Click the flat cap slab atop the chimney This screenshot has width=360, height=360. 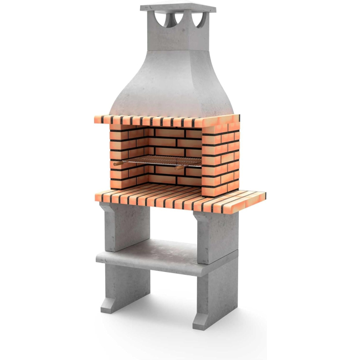coord(177,8)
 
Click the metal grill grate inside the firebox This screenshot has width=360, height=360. coord(161,161)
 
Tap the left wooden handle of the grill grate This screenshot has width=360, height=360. coord(118,163)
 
